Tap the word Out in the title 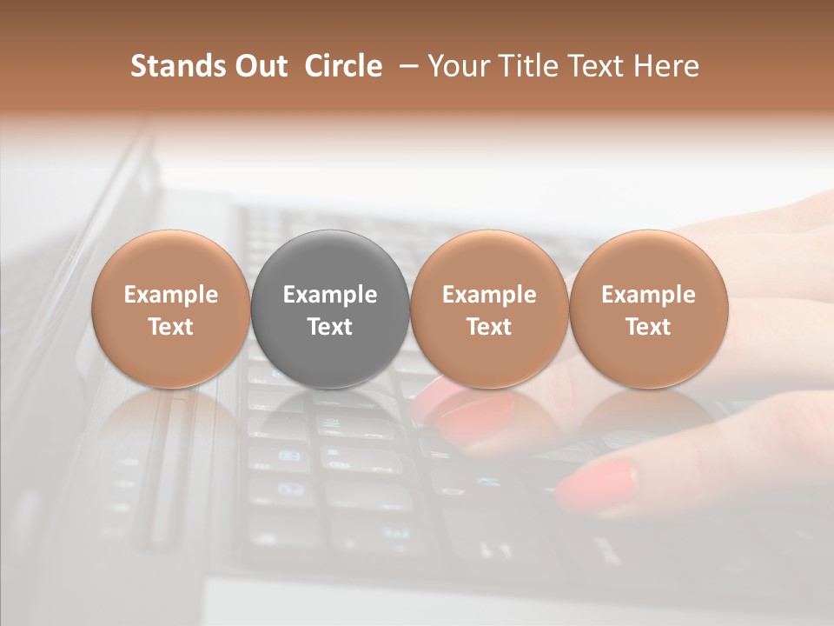pos(259,66)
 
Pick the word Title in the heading pos(529,66)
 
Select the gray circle pos(330,309)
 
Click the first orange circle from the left pos(171,309)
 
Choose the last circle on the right pos(648,309)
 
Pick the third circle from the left pos(489,309)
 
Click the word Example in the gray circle pos(330,295)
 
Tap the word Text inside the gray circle pos(330,327)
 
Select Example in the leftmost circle pos(171,295)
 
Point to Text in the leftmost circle pos(171,327)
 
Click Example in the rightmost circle pos(648,295)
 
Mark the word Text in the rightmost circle pos(648,327)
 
